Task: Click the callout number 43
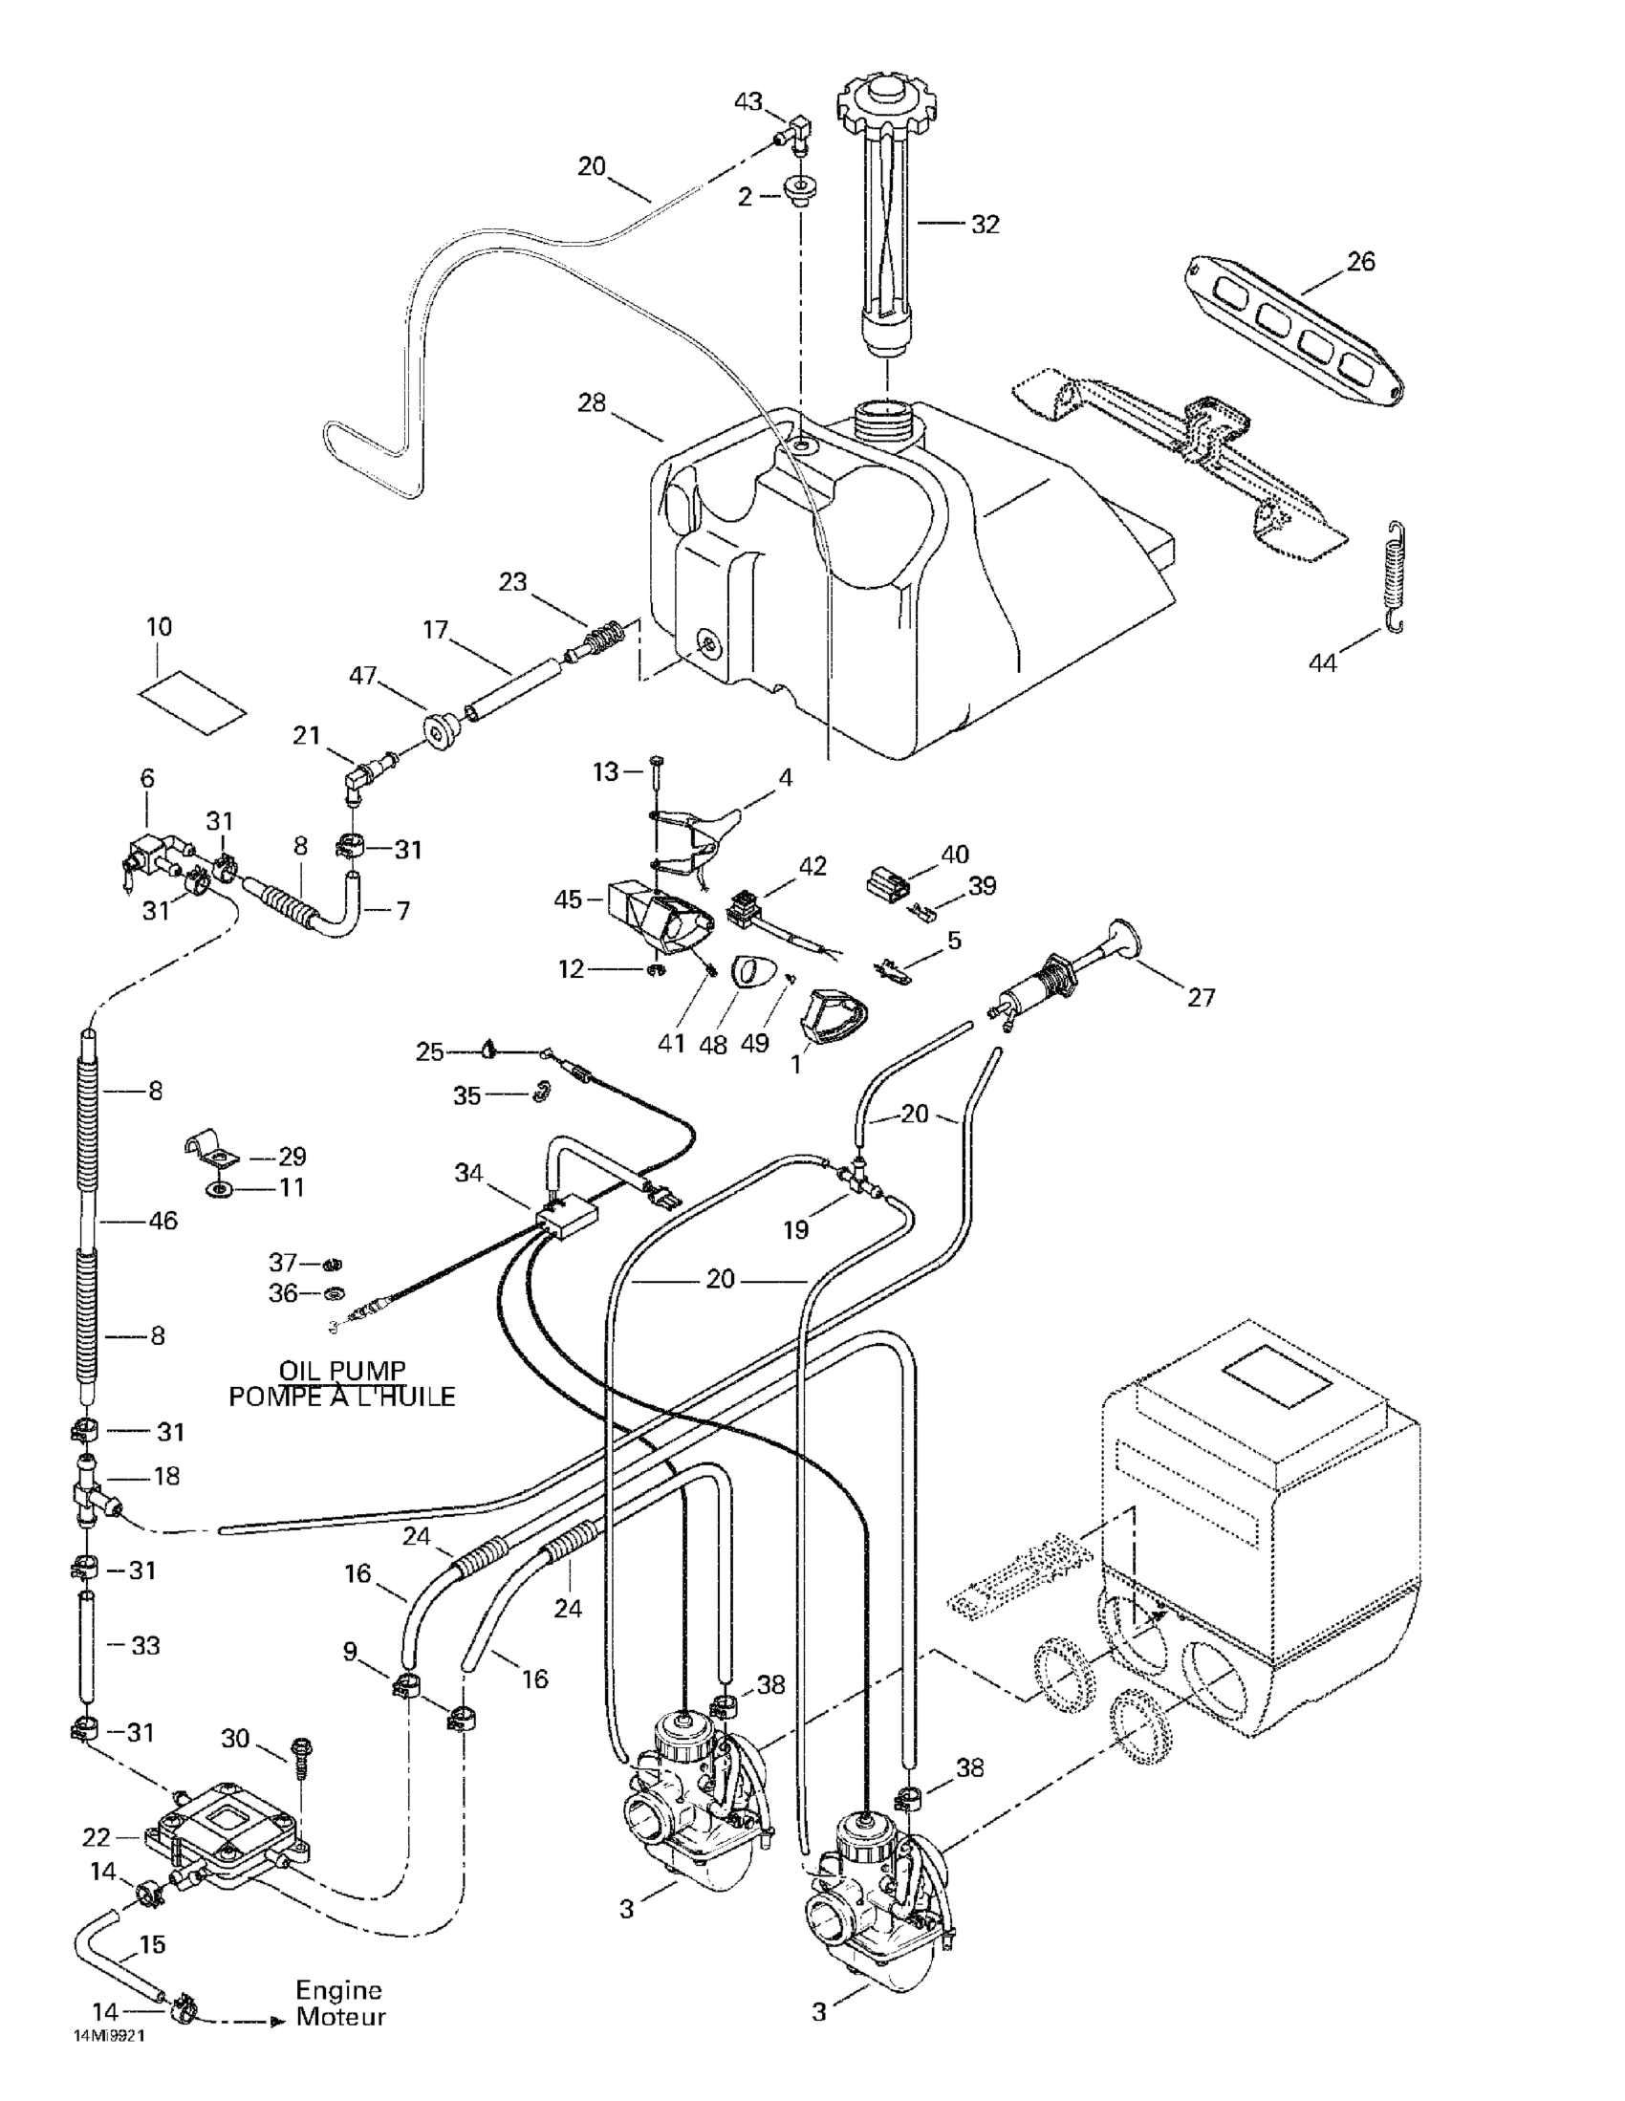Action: click(x=747, y=101)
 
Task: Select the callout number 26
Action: click(x=1360, y=261)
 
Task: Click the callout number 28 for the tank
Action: click(x=592, y=402)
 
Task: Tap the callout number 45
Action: click(x=568, y=899)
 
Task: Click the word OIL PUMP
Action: click(x=341, y=1370)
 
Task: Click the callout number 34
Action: click(x=468, y=1173)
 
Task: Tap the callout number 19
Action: click(x=795, y=1230)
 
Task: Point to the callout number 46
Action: click(x=163, y=1221)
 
